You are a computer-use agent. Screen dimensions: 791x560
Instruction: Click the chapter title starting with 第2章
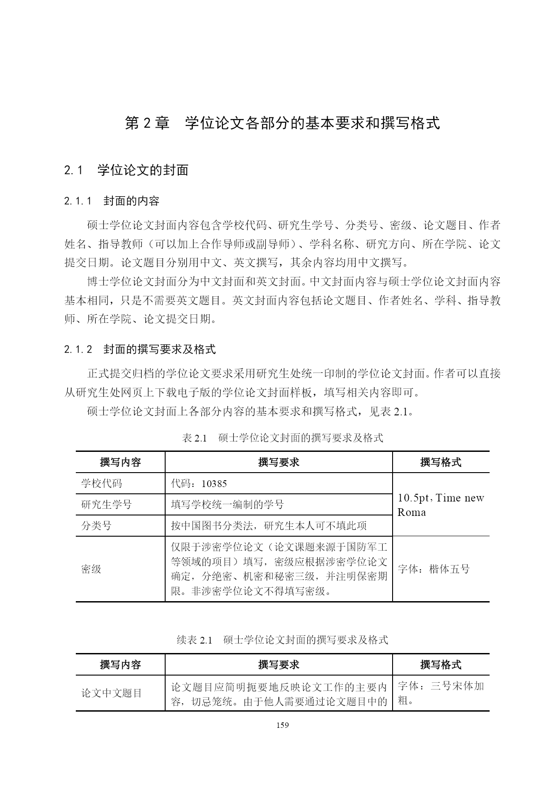coord(282,123)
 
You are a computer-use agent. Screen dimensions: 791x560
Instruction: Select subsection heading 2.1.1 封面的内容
coord(111,201)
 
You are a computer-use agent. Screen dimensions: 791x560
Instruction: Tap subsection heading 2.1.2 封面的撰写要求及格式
coord(140,349)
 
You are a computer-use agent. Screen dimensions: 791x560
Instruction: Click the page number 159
coord(282,725)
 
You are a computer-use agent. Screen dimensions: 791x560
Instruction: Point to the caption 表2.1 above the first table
coord(282,437)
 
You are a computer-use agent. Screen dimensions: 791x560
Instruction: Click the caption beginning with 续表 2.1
coord(282,639)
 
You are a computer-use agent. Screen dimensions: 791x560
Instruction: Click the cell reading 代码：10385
coord(199,483)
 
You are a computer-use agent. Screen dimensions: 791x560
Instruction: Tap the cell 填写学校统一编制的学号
coord(227,504)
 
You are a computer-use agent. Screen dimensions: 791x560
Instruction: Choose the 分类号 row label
coord(96,525)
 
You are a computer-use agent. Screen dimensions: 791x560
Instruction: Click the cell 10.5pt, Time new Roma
coord(440,505)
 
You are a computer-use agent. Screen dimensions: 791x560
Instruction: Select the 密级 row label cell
coord(91,569)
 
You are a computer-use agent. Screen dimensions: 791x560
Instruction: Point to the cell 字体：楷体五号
coord(434,569)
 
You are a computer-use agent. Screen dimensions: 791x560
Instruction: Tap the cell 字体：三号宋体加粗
coord(440,693)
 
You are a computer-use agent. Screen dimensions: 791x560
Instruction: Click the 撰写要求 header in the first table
coord(278,462)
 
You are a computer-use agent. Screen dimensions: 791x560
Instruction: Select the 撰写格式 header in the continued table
coord(440,664)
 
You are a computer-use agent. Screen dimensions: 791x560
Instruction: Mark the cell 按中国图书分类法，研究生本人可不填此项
coord(269,525)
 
